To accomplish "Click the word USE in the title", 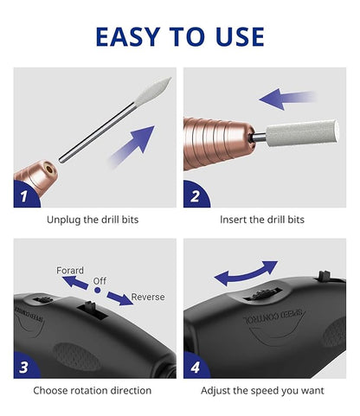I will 236,36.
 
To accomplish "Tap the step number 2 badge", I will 194,196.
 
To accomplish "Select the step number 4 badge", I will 194,367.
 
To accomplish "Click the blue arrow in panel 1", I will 133,144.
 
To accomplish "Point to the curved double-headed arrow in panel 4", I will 246,273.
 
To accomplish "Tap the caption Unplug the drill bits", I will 93,220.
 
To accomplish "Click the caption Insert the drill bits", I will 262,220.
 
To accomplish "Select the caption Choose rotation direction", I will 93,390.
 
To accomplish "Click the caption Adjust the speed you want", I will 262,390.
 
